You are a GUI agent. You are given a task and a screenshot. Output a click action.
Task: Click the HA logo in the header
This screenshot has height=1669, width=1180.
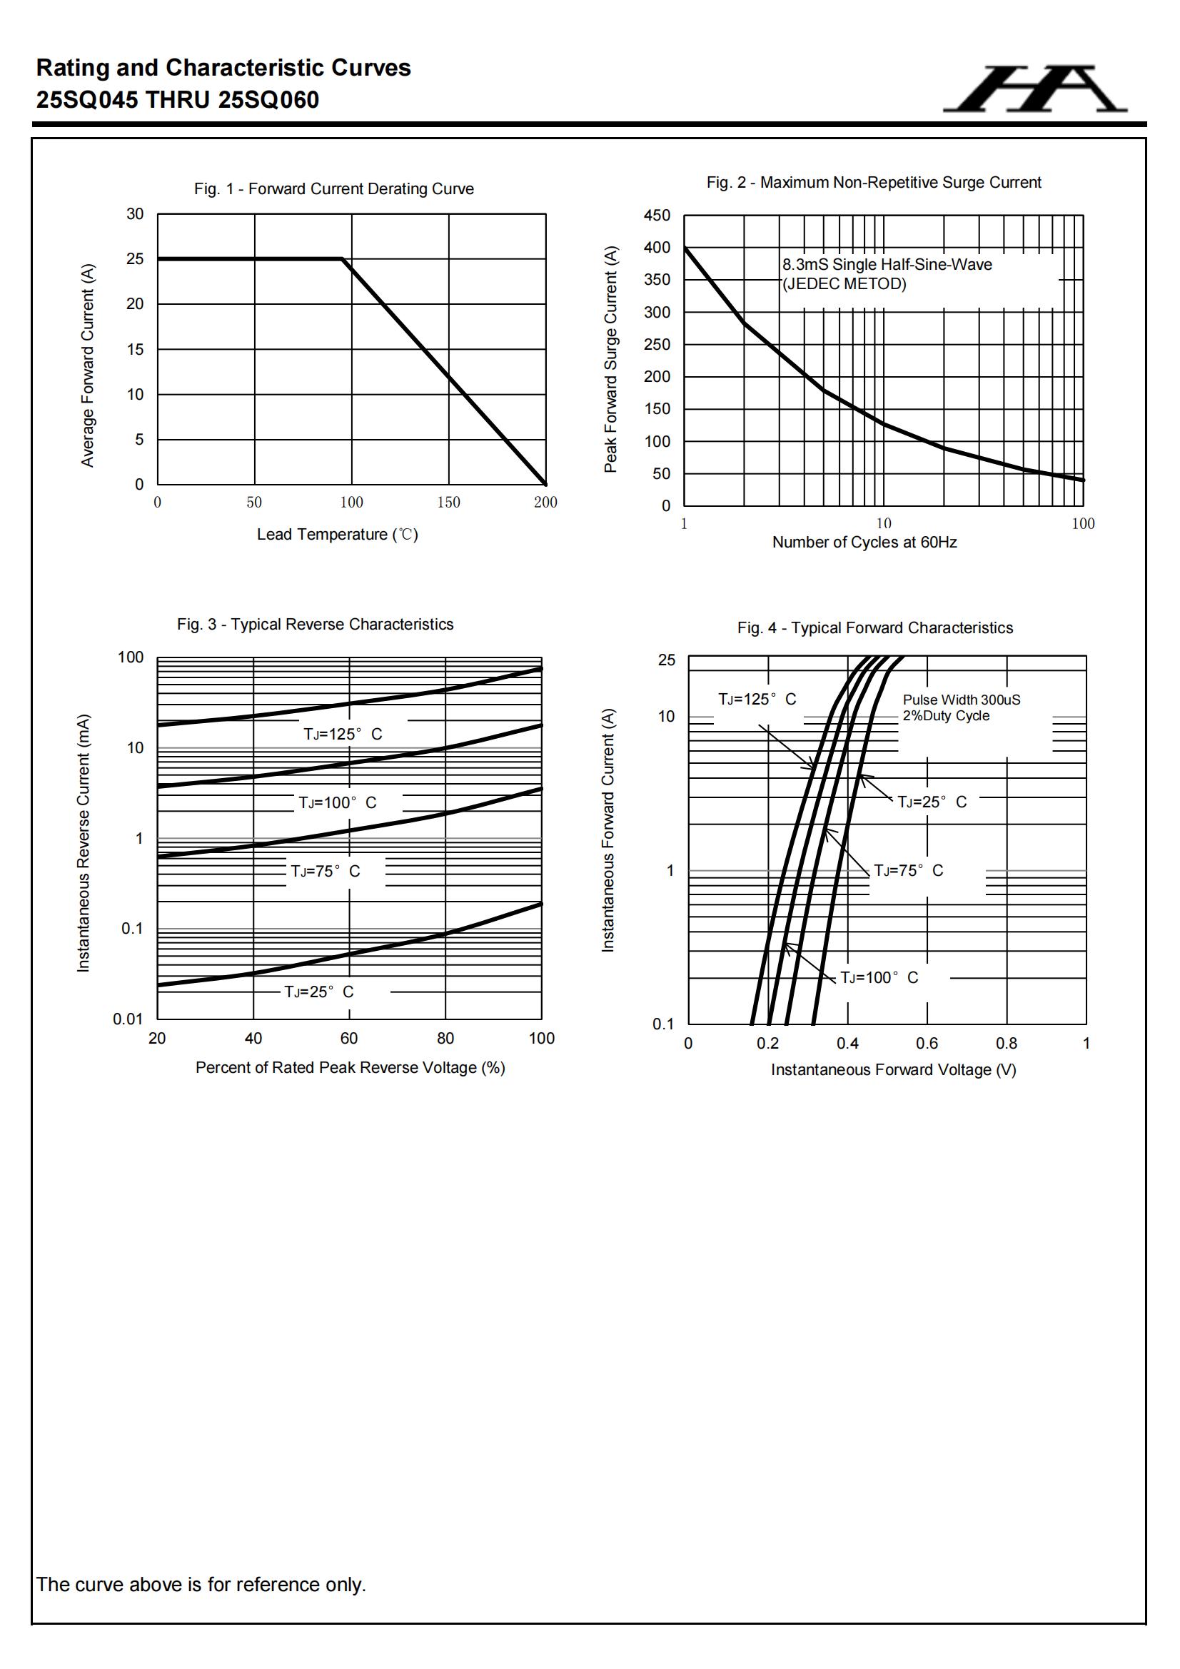coord(1035,89)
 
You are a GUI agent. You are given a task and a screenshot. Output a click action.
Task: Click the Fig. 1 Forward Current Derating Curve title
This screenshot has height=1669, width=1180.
coord(333,189)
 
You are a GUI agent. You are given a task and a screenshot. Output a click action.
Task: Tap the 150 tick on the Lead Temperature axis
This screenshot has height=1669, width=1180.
coord(448,503)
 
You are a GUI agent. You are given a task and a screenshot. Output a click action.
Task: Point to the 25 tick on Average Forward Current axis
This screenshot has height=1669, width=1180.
coord(135,259)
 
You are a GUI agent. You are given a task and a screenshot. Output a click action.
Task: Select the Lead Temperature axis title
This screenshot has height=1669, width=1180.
coord(338,534)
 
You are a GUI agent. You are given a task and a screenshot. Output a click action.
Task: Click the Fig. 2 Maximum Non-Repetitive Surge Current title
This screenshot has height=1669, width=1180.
coord(873,183)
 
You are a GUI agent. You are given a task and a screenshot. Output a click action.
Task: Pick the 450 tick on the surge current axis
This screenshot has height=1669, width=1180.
coord(657,215)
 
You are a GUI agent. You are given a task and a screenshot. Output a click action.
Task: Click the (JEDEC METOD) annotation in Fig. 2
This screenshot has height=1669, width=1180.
coord(844,284)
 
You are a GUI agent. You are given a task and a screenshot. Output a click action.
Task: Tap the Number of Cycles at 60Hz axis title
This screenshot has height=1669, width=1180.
coord(864,543)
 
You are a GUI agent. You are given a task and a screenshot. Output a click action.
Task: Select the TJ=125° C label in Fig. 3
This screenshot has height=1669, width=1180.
coord(343,734)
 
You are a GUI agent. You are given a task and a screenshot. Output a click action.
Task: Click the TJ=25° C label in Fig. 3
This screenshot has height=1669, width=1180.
coord(318,992)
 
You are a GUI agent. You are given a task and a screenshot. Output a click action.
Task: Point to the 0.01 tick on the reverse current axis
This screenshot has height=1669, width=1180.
coord(128,1019)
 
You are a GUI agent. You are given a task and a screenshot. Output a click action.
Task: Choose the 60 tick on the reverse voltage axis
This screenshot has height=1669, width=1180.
coord(349,1038)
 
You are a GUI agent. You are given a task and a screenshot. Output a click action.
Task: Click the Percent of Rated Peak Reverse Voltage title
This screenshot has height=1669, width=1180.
coord(350,1067)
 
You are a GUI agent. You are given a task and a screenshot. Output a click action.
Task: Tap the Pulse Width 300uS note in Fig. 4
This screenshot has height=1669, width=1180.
coord(961,700)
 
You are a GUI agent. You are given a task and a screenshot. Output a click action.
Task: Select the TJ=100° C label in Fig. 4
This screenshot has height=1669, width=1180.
coord(879,978)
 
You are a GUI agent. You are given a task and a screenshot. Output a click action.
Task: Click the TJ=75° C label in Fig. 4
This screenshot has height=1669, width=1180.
coord(908,871)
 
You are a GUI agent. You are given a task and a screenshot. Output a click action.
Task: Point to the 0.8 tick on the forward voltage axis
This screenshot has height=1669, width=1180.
coord(1007,1043)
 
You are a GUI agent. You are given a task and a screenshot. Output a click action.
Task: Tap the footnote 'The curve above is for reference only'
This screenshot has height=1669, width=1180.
coord(201,1584)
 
